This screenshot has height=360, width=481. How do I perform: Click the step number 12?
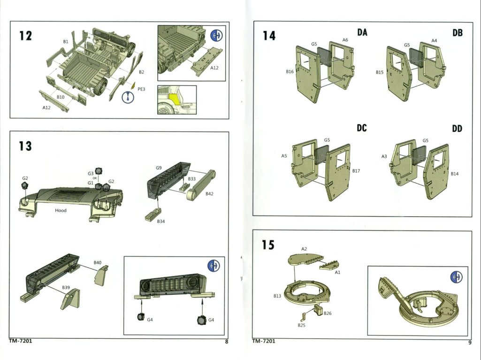point(25,36)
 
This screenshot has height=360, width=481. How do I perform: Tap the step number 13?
point(25,146)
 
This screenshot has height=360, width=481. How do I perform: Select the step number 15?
point(268,245)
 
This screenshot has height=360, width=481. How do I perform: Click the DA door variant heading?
point(362,32)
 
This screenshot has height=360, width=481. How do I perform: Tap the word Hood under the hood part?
point(61,210)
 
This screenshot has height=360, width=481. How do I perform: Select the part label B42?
point(209,194)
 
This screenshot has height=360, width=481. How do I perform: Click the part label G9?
point(159,168)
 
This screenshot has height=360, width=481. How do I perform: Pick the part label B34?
point(161,221)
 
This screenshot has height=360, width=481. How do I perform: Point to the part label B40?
point(98,262)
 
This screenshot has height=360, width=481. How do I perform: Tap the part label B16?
point(290,72)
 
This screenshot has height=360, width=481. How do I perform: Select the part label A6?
point(345,40)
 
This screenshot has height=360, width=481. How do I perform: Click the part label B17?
point(356,171)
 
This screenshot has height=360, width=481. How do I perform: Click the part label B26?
point(328,313)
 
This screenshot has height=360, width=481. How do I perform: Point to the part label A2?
point(304,249)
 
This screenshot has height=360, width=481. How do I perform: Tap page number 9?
point(469,342)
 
